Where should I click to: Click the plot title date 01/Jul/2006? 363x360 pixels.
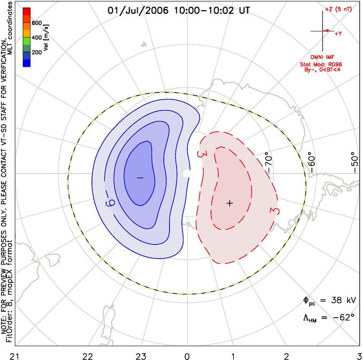pos(138,11)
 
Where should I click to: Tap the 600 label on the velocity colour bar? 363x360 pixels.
pos(37,23)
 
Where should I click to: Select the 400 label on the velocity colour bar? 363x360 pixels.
pos(37,37)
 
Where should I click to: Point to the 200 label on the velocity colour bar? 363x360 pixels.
pos(37,52)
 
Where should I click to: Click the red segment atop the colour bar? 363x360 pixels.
pos(27,11)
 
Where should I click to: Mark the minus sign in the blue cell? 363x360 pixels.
pos(140,178)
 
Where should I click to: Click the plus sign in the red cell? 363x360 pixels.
pos(230,203)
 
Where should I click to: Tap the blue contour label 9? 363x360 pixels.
pos(110,203)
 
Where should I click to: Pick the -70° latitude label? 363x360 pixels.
pos(269,162)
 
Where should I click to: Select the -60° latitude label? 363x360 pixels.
pos(312,162)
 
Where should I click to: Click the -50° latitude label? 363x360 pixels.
pos(354,162)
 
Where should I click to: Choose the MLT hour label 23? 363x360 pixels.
pos(140,356)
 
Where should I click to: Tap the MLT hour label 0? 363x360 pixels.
pos(187,356)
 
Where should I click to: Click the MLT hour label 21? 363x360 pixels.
pos(15,356)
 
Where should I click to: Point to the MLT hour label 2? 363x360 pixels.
pos(287,356)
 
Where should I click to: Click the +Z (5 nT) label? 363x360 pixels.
pos(338,9)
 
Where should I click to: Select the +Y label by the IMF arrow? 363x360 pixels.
pos(338,34)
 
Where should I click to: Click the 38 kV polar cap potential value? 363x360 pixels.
pos(343,300)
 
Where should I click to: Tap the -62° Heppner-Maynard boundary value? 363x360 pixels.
pos(344,317)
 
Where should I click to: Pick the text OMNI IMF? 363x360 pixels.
pos(322,57)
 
